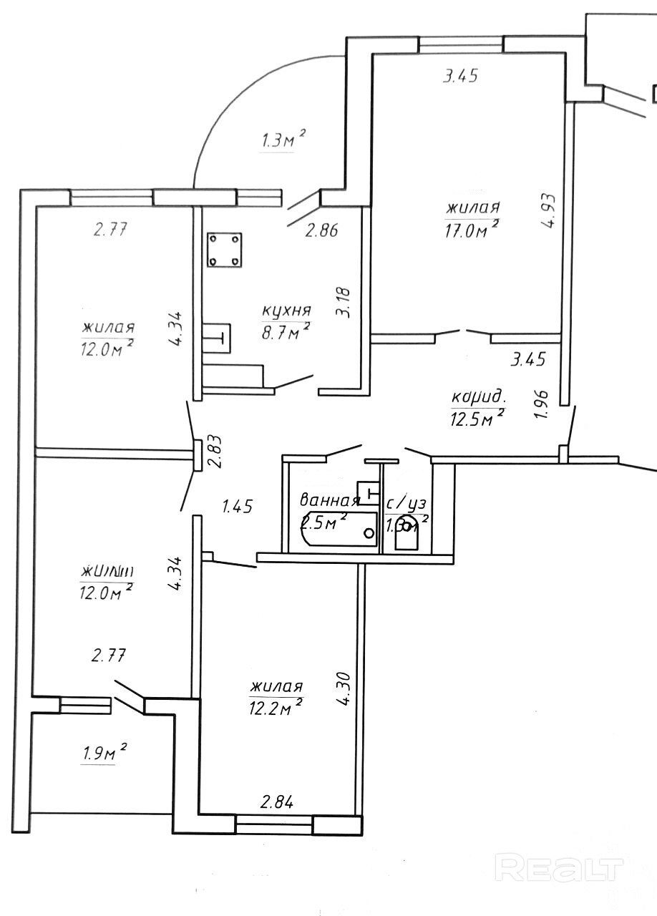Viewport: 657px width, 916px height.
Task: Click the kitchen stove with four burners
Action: (225, 250)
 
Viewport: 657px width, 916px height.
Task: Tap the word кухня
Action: (286, 311)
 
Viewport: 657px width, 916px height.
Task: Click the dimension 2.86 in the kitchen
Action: (321, 230)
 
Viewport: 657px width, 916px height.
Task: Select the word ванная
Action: (329, 500)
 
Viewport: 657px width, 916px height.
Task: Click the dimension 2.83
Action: (213, 452)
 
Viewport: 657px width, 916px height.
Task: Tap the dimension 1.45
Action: (238, 507)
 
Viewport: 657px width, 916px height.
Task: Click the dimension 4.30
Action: (345, 687)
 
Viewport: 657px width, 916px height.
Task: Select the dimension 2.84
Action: (276, 802)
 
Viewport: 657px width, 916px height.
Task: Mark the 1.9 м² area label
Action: (103, 753)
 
